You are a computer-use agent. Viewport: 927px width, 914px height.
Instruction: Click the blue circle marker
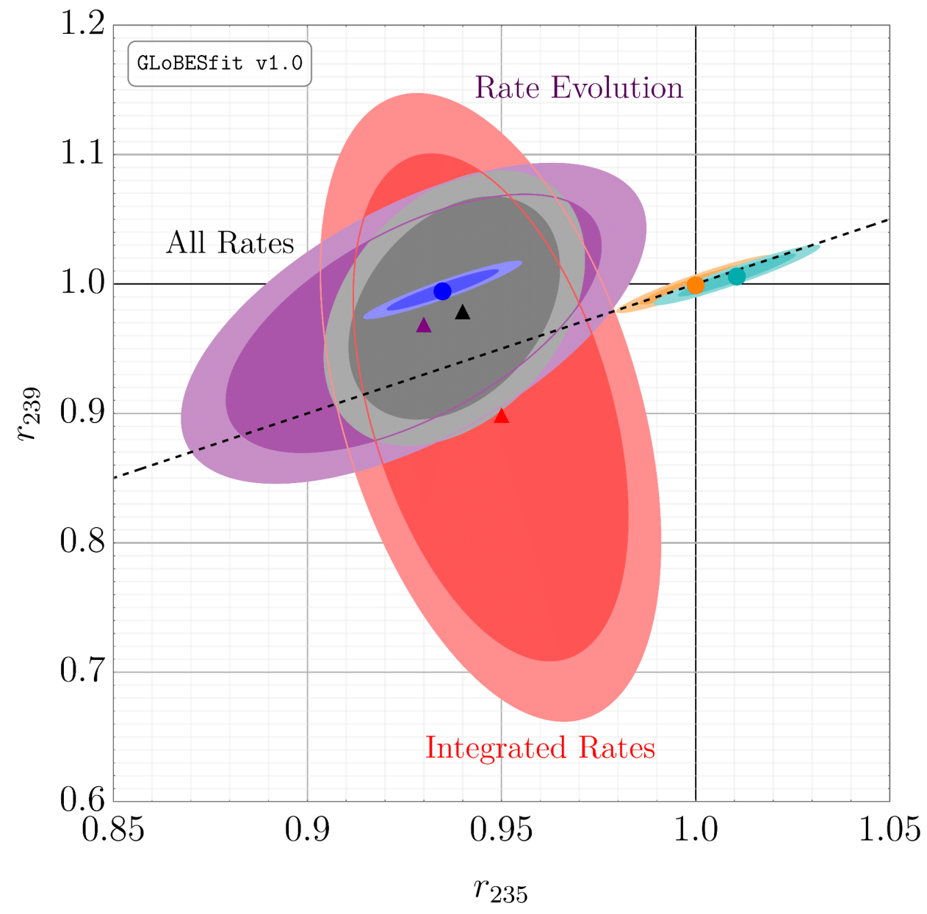442,291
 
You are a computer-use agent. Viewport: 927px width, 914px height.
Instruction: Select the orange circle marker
695,286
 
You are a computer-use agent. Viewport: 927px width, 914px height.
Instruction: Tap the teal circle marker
736,276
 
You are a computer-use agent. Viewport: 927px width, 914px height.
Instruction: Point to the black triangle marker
462,312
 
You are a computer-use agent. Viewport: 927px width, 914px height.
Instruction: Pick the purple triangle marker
424,325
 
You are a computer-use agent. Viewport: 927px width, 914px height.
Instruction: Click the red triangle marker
501,416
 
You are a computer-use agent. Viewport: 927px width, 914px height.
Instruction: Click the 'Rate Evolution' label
579,88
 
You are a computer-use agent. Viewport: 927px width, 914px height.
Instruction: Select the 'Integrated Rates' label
540,748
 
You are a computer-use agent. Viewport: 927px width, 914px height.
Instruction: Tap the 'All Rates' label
230,243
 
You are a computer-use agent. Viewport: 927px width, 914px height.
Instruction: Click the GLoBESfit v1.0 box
220,64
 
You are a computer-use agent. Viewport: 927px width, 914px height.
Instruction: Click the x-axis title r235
501,890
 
